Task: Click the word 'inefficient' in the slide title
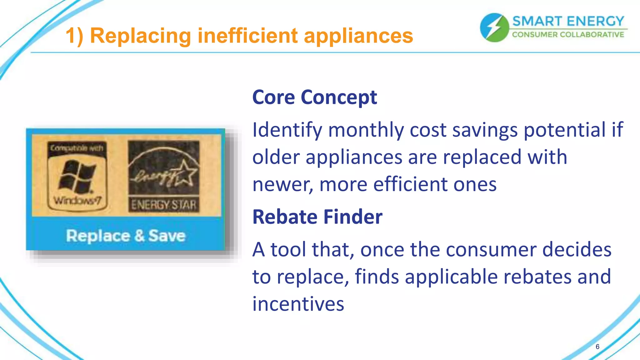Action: pyautogui.click(x=247, y=36)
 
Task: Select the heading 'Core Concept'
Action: pyautogui.click(x=314, y=97)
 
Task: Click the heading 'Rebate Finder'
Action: pyautogui.click(x=317, y=217)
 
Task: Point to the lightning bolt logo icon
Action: pyautogui.click(x=494, y=27)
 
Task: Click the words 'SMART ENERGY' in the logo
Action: pyautogui.click(x=568, y=21)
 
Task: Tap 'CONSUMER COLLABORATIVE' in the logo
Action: pyautogui.click(x=568, y=35)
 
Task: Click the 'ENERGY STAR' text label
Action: pyautogui.click(x=163, y=205)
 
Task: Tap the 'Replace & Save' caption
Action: pyautogui.click(x=126, y=236)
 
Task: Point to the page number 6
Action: pyautogui.click(x=597, y=347)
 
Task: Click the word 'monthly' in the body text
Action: pyautogui.click(x=366, y=130)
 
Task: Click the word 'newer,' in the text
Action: pyautogui.click(x=282, y=184)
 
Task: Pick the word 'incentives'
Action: pyautogui.click(x=298, y=304)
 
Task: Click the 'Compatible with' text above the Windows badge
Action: pyautogui.click(x=77, y=148)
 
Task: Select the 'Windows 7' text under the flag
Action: pyautogui.click(x=77, y=200)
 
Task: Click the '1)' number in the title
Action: pyautogui.click(x=74, y=36)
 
